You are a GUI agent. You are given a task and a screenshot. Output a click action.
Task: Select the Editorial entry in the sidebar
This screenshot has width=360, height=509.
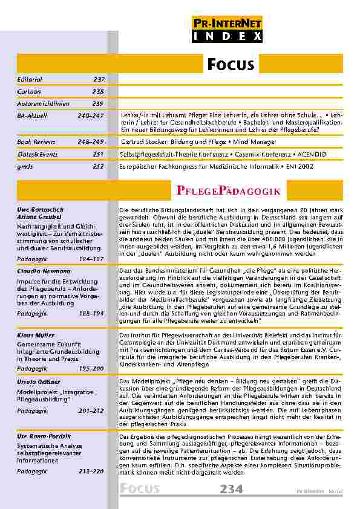(29, 79)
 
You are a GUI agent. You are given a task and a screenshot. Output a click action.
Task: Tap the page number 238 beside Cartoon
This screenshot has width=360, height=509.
(98, 91)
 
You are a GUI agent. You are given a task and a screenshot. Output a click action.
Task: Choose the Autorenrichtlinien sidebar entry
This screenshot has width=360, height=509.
(44, 103)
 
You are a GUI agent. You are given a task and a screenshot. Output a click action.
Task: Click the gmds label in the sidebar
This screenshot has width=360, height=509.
(25, 166)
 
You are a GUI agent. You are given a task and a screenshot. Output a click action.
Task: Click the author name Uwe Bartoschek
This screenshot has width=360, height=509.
(39, 209)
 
